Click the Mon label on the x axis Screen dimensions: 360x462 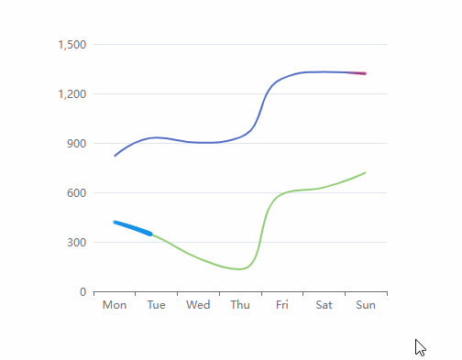115,305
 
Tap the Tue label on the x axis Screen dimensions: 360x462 156,305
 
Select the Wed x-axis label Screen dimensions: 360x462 198,305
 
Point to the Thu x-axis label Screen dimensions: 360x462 240,305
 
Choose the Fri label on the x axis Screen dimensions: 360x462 281,305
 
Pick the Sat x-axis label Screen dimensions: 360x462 324,305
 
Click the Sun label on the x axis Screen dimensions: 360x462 365,305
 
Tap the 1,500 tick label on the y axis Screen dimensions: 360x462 71,45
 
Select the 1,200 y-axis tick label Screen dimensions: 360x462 71,94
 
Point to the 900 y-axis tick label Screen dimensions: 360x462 76,144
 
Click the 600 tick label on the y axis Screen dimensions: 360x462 76,193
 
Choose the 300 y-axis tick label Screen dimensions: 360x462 76,243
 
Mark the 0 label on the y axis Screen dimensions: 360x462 83,292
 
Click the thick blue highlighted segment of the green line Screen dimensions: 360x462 133,227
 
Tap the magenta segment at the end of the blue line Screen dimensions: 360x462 357,72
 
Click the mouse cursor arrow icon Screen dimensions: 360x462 420,347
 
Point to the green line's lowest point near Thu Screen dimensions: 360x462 240,269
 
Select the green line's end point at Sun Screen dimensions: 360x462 365,173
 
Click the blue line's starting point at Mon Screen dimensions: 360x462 115,156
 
